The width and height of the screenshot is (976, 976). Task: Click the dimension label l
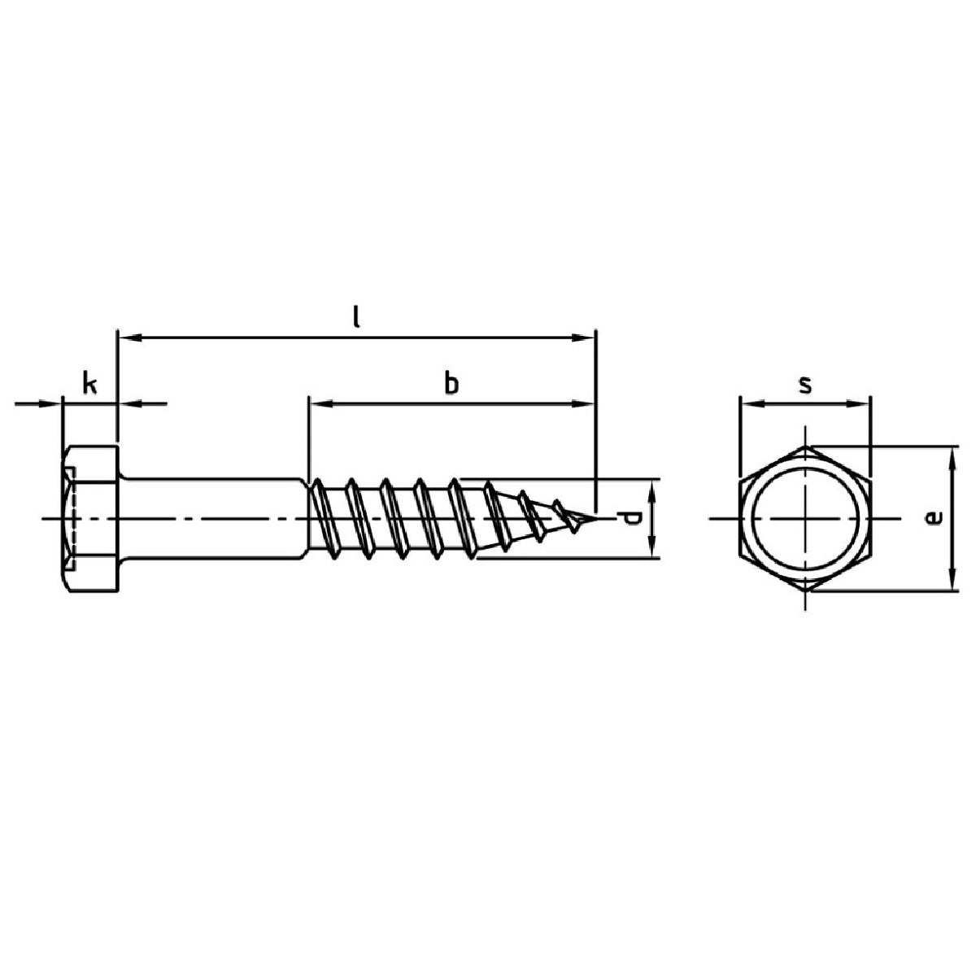click(x=356, y=317)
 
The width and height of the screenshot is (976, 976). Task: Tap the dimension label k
click(x=89, y=384)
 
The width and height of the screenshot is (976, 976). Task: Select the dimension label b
click(x=451, y=383)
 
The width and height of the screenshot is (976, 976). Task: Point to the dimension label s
click(x=805, y=386)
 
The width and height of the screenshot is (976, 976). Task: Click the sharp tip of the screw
click(x=595, y=518)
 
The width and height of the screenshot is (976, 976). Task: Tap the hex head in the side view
click(x=90, y=519)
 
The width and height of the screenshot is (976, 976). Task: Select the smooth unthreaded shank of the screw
click(x=214, y=518)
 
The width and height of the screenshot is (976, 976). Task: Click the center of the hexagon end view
click(x=805, y=519)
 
